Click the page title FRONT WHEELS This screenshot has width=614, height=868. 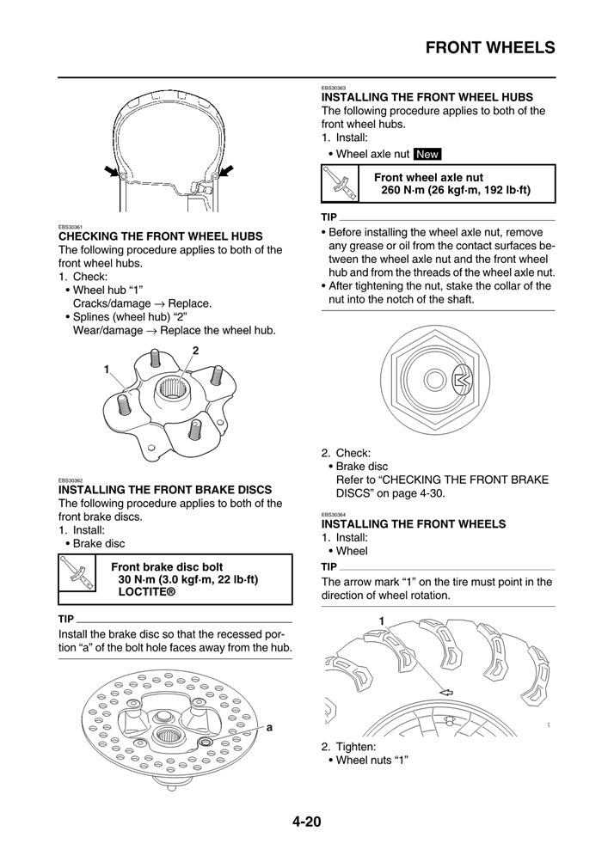pos(490,48)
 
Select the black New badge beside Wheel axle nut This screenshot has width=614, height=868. pos(427,155)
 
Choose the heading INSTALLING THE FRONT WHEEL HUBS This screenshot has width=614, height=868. pos(427,97)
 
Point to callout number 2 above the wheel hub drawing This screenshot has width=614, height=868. pos(196,350)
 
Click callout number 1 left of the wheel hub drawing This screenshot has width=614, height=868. pos(107,369)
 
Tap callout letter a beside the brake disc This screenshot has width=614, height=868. pos(269,727)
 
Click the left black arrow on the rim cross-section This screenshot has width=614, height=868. pos(110,172)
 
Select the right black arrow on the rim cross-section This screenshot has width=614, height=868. pos(226,171)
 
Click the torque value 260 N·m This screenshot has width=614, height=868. pos(408,190)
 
